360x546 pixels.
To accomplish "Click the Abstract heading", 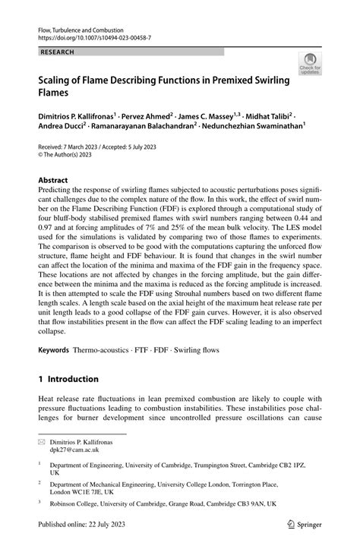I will [x=53, y=181].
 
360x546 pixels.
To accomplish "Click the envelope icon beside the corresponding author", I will [x=42, y=440].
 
